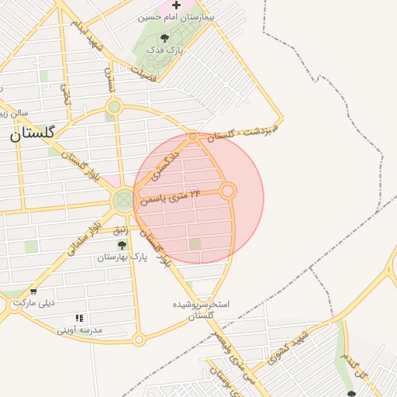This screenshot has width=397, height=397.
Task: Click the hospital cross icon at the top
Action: pos(176,5)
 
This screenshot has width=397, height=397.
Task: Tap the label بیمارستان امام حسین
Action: pos(175,16)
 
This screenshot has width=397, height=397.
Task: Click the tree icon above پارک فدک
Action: pos(164,39)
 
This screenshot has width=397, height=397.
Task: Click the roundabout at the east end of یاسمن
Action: pos(227,190)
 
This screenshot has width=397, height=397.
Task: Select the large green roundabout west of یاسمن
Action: pos(123,201)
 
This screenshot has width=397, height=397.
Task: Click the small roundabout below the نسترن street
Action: pos(115,107)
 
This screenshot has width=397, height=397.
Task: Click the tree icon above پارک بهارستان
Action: pos(122,245)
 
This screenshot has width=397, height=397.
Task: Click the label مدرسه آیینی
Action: pos(80,330)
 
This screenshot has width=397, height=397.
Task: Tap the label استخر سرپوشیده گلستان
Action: pos(202,309)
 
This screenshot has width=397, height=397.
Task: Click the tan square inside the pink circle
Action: pos(195,243)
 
